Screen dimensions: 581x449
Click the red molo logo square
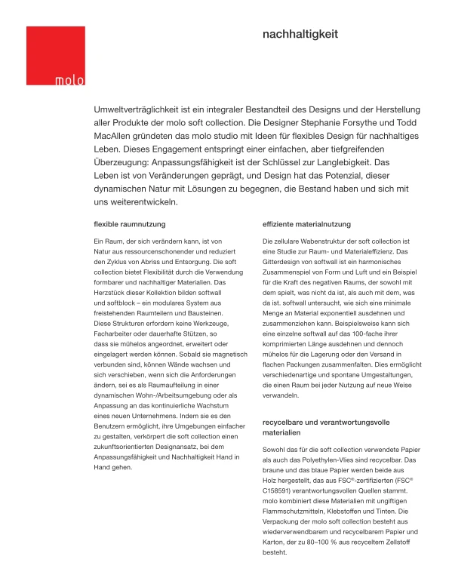[x=55, y=56]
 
